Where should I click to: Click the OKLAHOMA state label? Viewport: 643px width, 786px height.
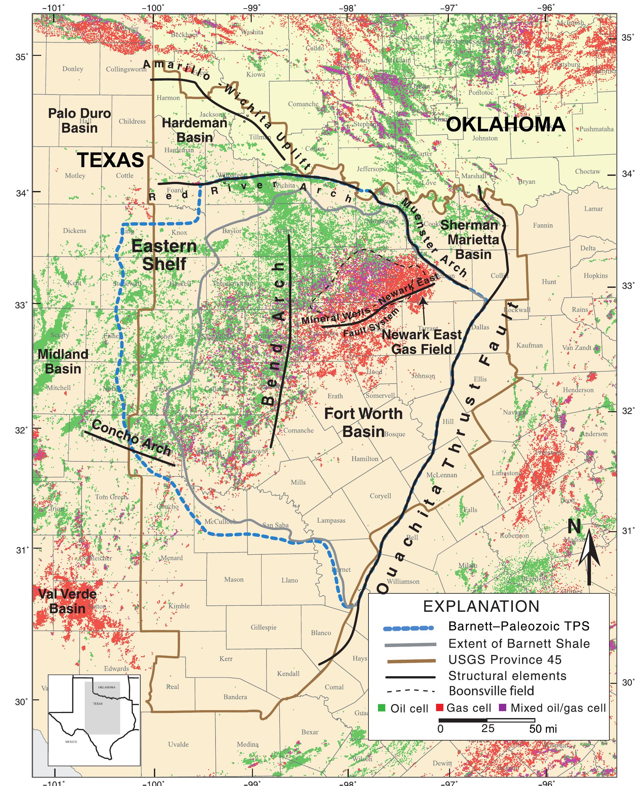[505, 124]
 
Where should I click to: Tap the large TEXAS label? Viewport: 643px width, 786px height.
[110, 160]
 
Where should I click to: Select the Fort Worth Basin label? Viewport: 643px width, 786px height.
[363, 422]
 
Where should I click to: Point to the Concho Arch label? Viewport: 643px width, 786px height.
[131, 438]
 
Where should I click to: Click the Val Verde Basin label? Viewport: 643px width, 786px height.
[67, 601]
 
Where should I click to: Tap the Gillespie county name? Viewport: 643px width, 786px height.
[263, 627]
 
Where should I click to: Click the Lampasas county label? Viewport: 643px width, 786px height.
[331, 520]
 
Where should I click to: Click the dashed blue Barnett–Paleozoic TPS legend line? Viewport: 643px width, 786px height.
[408, 628]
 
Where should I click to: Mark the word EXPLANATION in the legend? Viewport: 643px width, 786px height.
[481, 606]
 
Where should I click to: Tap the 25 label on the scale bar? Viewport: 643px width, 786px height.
[488, 728]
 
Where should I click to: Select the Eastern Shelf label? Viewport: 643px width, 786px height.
[164, 255]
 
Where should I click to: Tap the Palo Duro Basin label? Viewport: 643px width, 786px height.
[79, 120]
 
